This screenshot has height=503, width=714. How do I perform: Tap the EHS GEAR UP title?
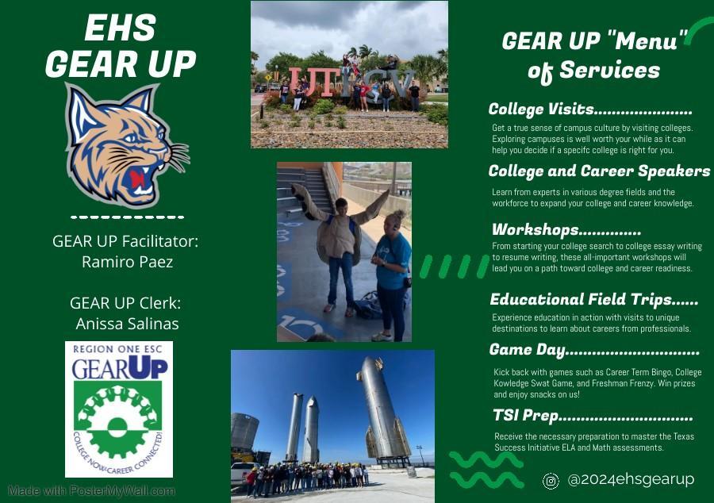coord(121,46)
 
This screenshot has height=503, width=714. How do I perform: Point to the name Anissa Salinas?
coord(127,324)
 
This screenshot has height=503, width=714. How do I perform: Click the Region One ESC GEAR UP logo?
coord(119,409)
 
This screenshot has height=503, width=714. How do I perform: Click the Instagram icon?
coord(551,480)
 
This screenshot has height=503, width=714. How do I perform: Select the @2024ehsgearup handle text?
coord(631,479)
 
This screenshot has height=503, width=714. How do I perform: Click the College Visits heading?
coord(590,109)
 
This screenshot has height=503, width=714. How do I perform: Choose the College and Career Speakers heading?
coord(599,171)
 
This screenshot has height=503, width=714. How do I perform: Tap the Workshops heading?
coord(566,230)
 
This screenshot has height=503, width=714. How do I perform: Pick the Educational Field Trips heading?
coord(593,299)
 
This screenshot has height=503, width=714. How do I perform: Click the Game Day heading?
coord(593,350)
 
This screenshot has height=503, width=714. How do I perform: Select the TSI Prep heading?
coord(592,416)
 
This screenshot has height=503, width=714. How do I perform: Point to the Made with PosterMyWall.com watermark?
coord(92,491)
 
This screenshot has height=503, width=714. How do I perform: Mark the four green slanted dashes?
coord(454,267)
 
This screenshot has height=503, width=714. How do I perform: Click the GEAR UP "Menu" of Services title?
coord(594,56)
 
